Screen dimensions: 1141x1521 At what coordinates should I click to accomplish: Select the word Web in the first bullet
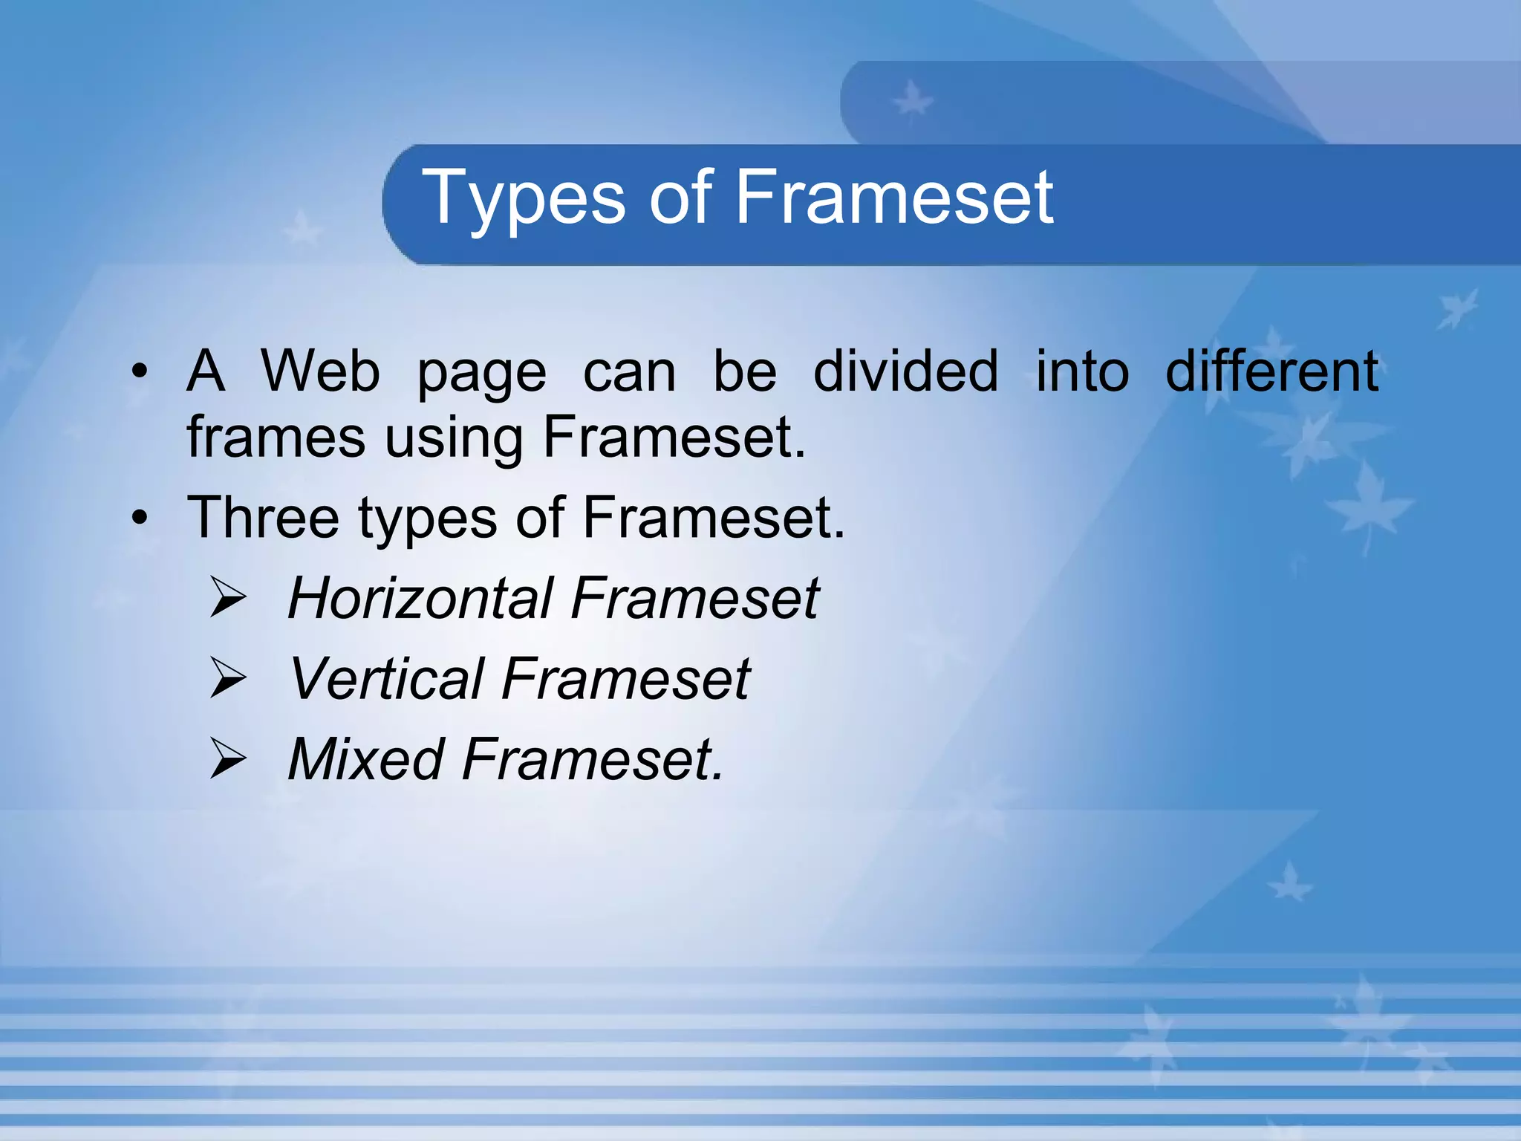tap(320, 371)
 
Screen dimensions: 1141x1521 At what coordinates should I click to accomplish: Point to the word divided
tap(905, 371)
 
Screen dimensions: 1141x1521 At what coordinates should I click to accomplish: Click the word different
tap(1271, 371)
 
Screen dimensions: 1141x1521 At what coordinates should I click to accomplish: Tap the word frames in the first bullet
tap(276, 437)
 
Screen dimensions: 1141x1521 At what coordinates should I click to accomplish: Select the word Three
tap(263, 517)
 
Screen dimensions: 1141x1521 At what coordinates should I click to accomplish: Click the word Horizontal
tap(420, 598)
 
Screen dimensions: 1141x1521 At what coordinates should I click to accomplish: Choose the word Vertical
tap(386, 678)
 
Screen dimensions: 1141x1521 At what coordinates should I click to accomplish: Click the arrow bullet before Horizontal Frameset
tap(227, 599)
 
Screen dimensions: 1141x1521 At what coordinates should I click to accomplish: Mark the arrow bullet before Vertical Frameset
tap(227, 678)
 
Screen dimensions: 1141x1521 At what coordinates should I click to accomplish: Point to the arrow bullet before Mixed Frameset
tap(227, 758)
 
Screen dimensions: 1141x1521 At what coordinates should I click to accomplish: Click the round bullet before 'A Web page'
tap(140, 372)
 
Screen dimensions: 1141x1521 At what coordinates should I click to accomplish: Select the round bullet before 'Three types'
tap(140, 519)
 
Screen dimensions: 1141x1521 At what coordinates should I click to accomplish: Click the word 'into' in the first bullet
tap(1082, 371)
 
